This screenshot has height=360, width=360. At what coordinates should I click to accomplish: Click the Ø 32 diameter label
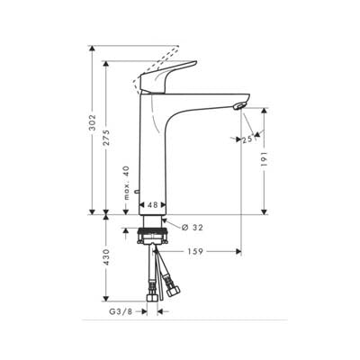(192, 227)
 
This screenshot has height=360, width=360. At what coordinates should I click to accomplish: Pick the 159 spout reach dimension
(194, 251)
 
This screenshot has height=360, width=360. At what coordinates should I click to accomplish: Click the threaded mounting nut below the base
(153, 239)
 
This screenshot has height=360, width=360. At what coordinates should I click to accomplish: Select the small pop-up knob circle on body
(138, 193)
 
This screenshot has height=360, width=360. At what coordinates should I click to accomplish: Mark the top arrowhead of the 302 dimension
(92, 48)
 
